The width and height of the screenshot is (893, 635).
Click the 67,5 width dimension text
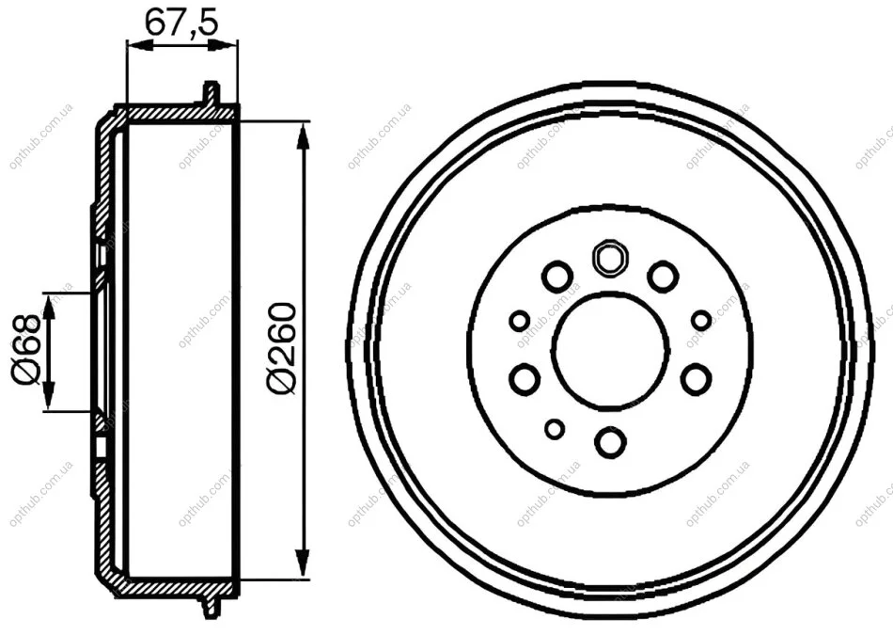181,23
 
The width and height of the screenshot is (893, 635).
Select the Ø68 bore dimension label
26,349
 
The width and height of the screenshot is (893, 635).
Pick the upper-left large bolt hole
557,276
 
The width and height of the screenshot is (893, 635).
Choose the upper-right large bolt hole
663,276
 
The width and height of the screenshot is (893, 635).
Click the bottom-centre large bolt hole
610,442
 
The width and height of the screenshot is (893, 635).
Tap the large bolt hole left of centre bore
525,379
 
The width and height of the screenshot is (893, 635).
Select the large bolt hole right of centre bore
696,379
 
